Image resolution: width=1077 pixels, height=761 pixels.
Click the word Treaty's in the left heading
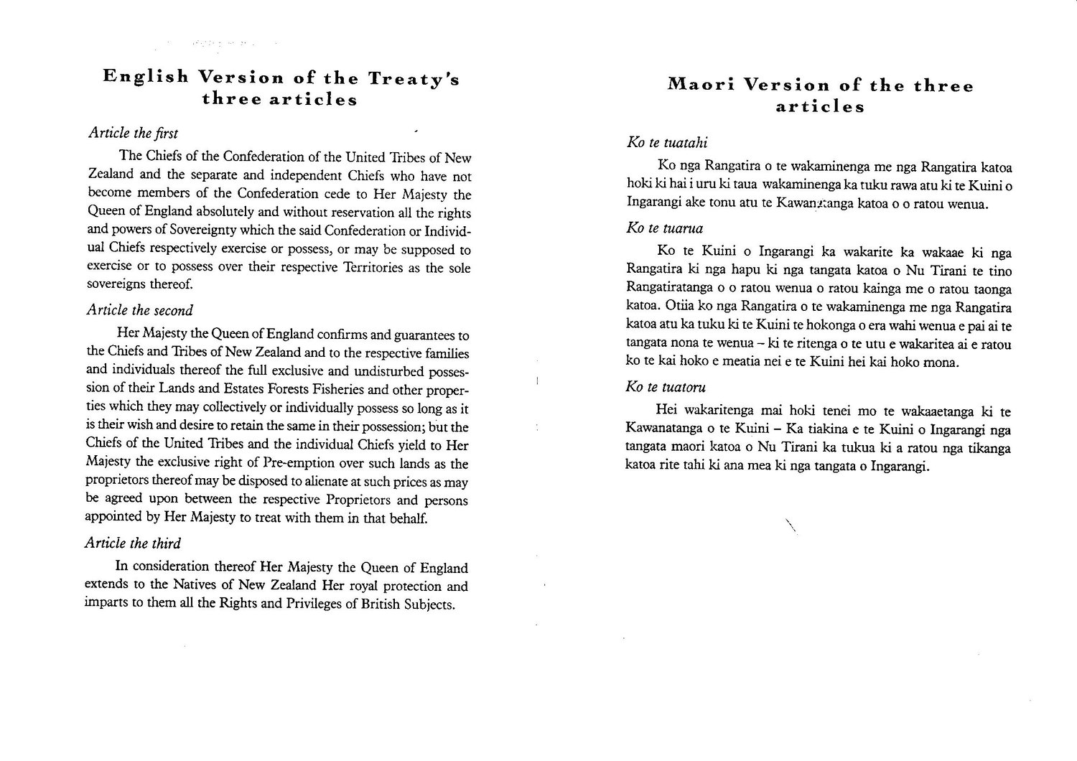(414, 78)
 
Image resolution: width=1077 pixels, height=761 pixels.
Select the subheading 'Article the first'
(132, 133)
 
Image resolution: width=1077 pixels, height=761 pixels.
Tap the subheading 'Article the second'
(139, 310)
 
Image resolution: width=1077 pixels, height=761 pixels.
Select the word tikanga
(987, 449)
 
